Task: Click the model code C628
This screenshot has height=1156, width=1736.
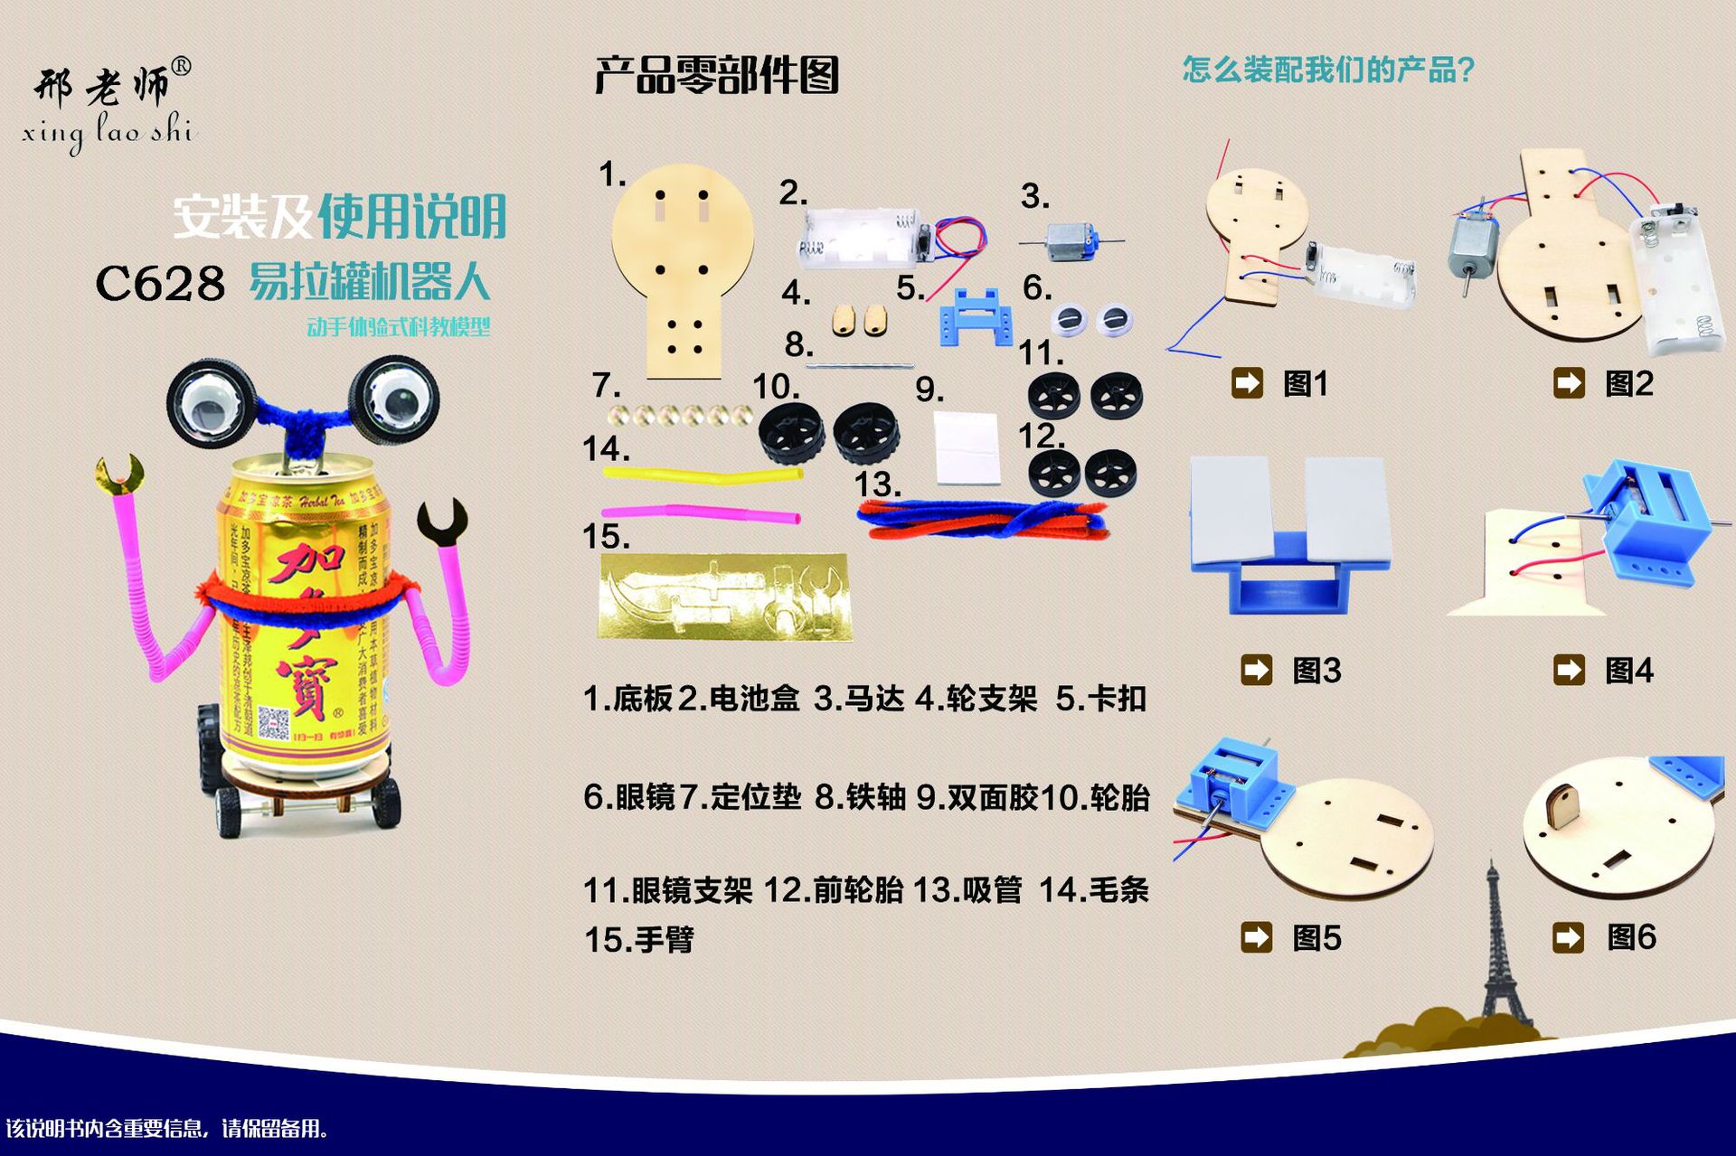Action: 160,284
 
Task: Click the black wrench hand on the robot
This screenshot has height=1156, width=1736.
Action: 442,523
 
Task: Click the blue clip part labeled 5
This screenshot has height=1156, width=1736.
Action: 976,317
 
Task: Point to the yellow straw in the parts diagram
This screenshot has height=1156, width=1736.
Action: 702,475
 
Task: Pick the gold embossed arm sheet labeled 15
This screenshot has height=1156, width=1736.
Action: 724,597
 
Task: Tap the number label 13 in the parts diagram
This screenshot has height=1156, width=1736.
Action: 876,485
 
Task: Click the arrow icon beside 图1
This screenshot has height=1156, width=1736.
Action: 1247,383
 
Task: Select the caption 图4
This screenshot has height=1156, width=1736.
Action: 1628,671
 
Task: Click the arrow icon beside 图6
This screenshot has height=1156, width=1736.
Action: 1569,937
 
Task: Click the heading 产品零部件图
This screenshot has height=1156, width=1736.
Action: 716,75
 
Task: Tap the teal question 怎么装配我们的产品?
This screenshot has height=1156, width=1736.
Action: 1328,70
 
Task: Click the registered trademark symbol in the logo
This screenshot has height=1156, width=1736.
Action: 181,67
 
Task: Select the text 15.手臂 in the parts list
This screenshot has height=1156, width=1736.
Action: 638,939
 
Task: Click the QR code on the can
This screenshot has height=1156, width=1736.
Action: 273,723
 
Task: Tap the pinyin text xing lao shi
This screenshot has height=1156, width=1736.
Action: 108,133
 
